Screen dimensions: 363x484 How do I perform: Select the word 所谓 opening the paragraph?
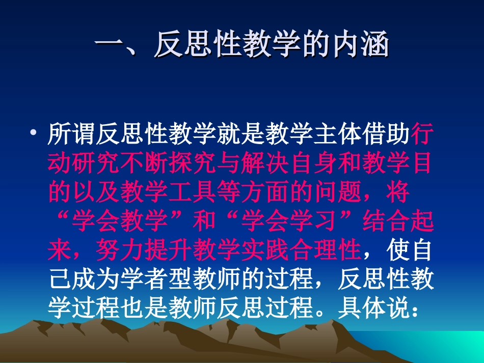(71, 135)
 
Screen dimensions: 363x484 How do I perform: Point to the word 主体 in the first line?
(363, 135)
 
